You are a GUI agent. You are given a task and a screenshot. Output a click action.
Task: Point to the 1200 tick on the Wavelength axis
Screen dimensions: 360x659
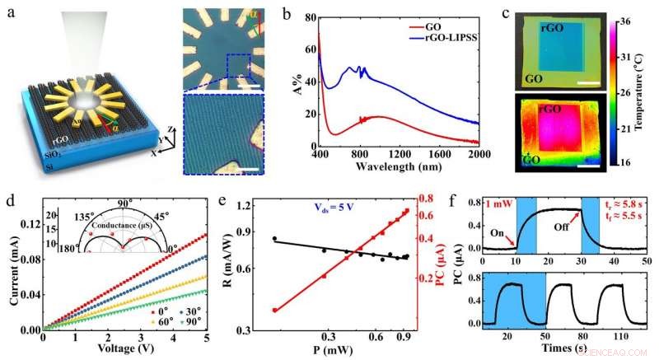[399, 154]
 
